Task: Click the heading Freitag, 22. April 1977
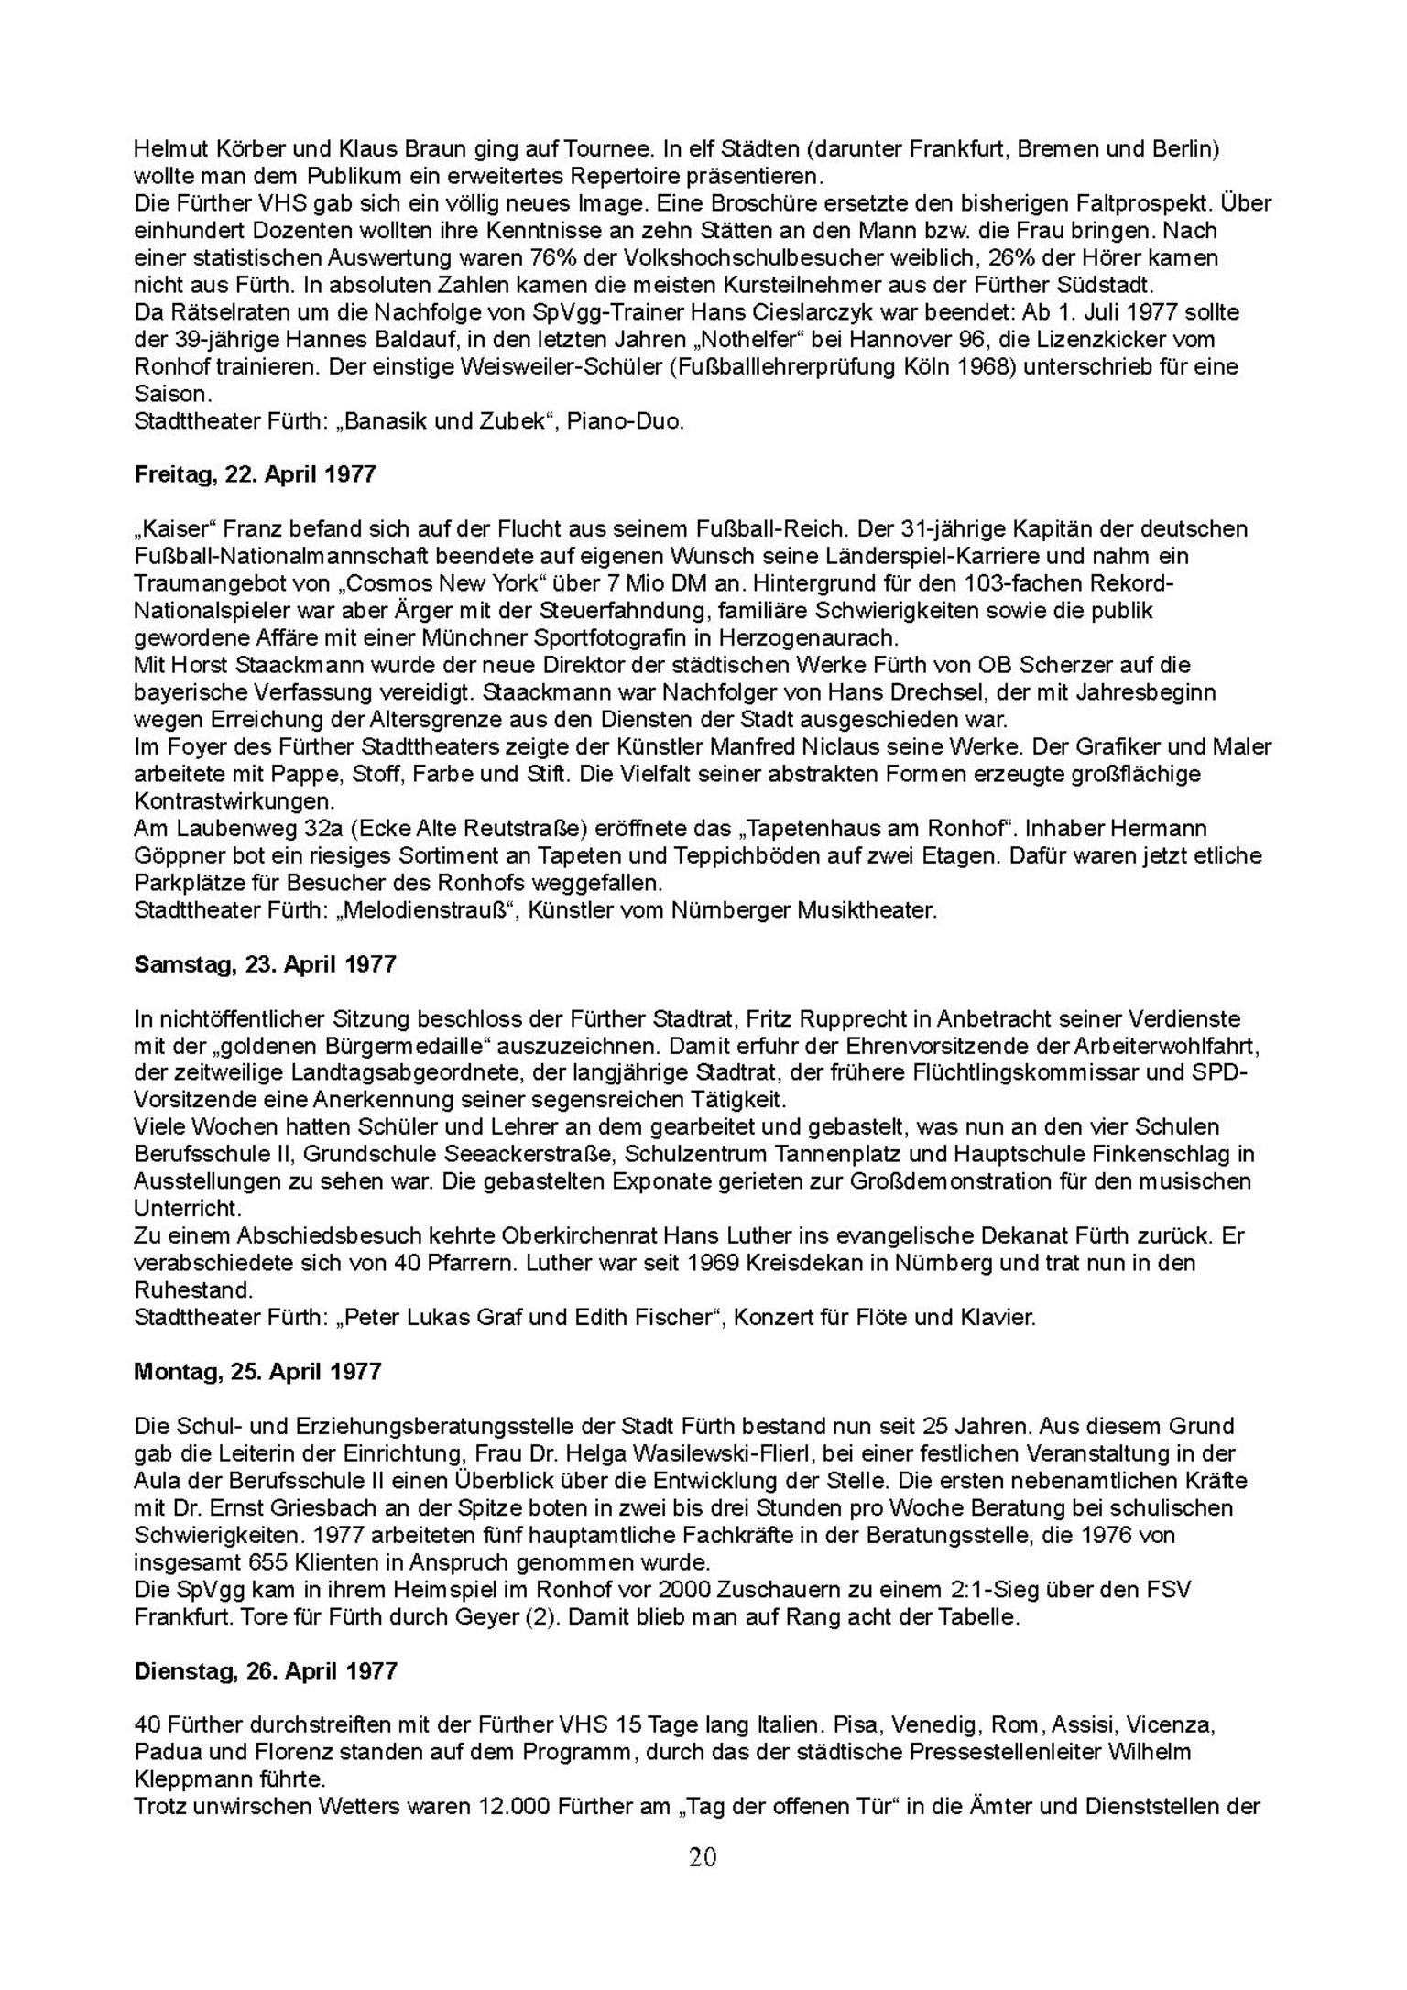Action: pos(255,474)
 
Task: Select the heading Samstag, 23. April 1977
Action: pos(265,964)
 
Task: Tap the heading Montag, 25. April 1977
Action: pos(257,1372)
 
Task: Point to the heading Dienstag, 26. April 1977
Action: pos(266,1671)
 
